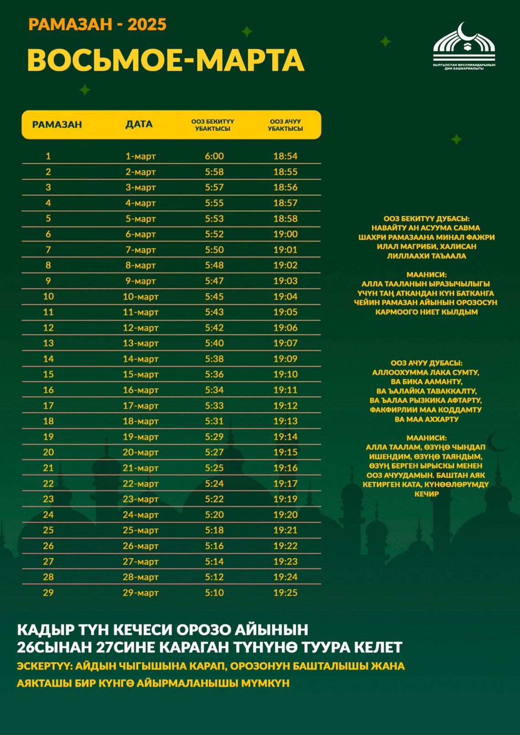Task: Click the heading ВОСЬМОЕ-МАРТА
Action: coord(166,60)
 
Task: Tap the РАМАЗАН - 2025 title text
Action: coord(97,25)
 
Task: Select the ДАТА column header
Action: coord(139,124)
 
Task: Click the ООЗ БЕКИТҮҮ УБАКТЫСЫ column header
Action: coord(213,125)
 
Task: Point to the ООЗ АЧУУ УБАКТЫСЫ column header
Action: coord(285,125)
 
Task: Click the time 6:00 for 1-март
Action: coord(214,156)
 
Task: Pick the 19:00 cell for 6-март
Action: coord(285,234)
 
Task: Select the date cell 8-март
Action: coord(140,265)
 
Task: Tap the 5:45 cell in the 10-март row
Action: coord(214,296)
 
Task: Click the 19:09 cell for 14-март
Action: coord(285,359)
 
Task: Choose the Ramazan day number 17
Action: coord(48,405)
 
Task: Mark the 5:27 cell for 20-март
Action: coord(214,452)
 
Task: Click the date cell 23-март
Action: coord(140,499)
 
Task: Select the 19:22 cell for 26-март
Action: coord(285,546)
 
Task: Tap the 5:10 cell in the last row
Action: coord(214,592)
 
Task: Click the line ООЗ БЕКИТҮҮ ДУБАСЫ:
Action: coord(426,219)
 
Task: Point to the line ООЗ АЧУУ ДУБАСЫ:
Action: coord(426,363)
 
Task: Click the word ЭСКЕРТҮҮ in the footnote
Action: coord(44,666)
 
